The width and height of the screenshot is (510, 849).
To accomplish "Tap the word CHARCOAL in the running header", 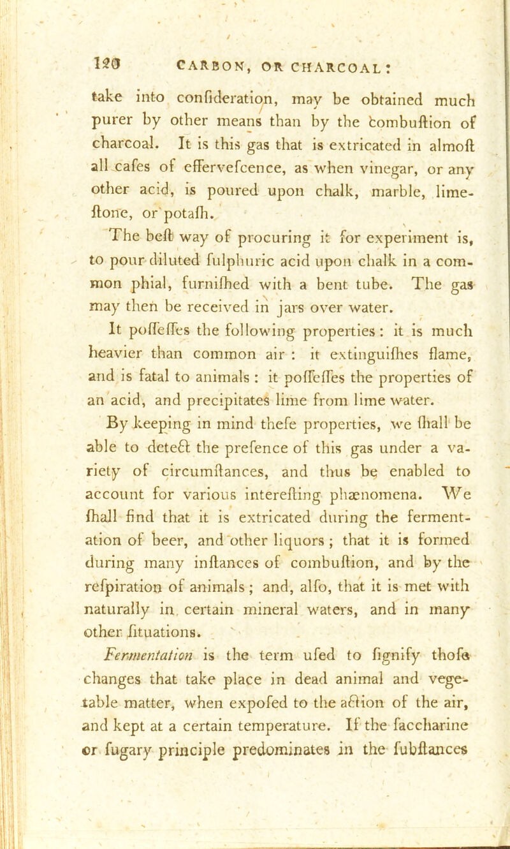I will click(x=314, y=61).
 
